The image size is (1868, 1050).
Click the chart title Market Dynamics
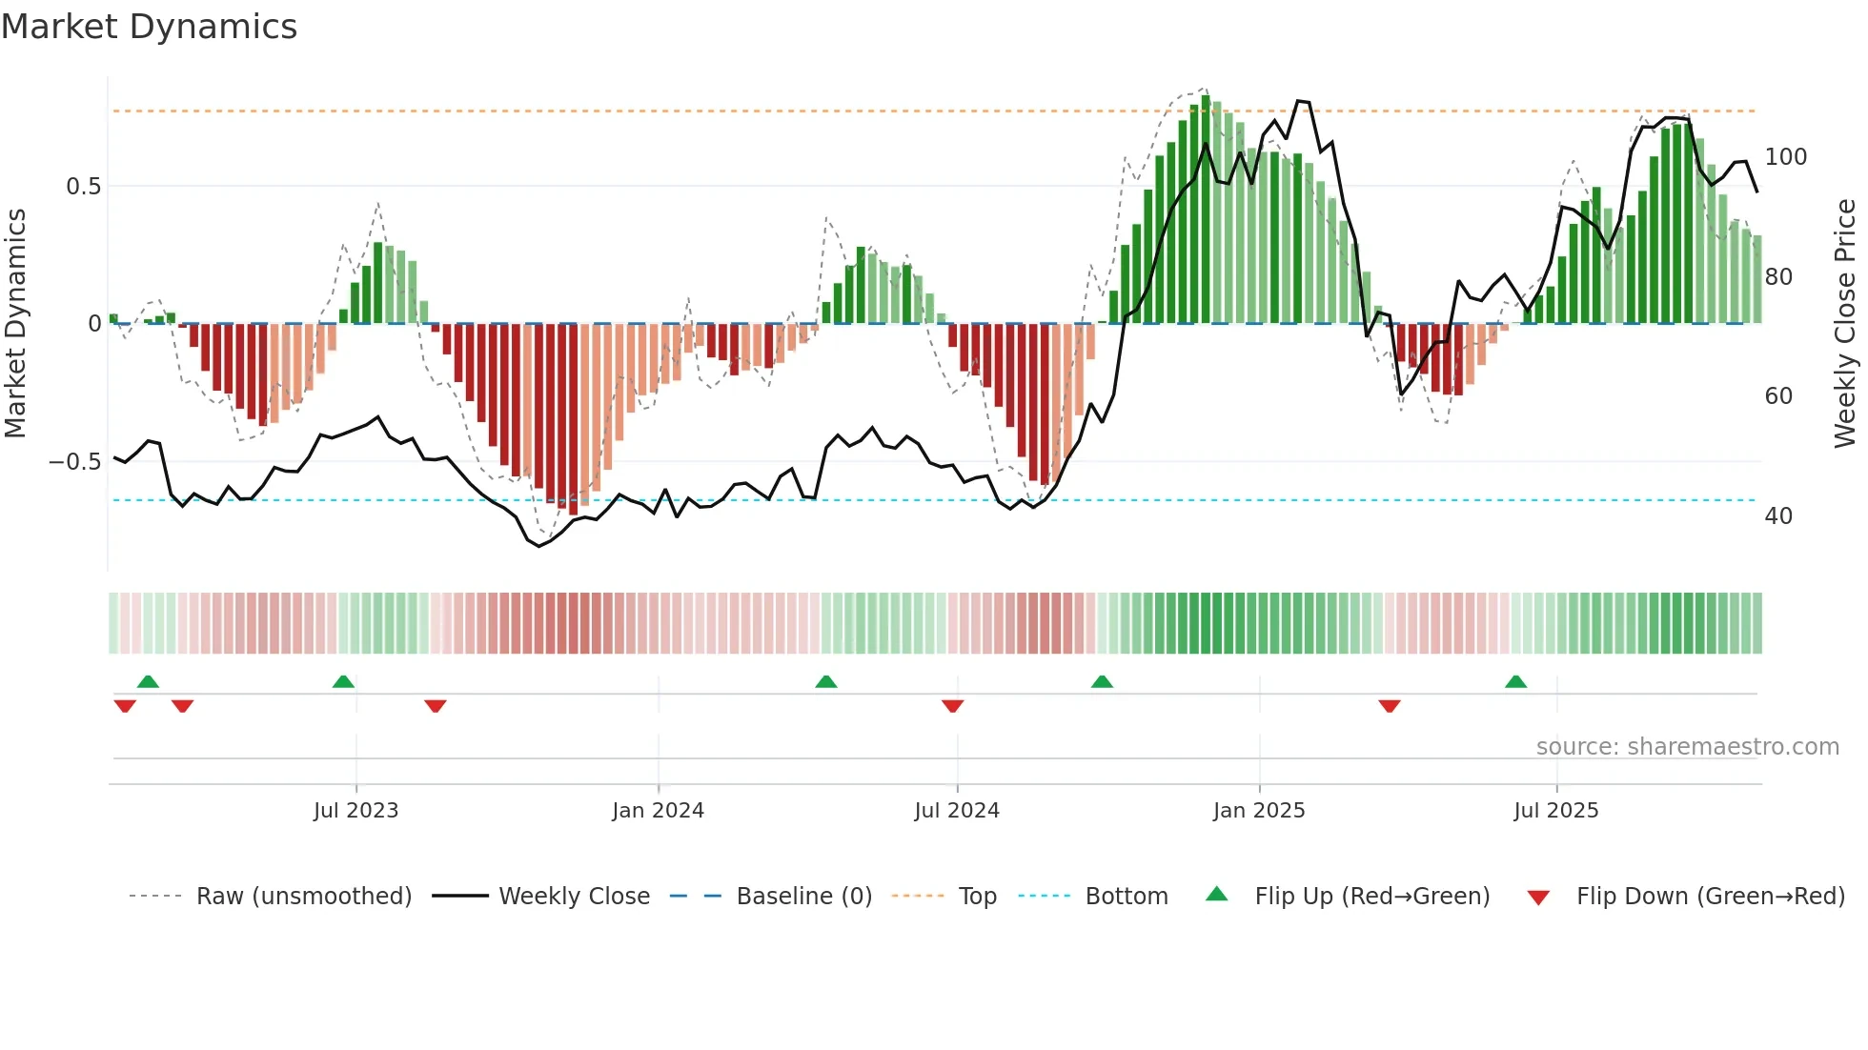click(149, 27)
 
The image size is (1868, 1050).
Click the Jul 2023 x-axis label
click(355, 811)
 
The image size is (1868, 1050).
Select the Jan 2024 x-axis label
click(658, 811)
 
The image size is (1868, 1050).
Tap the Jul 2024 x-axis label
click(957, 811)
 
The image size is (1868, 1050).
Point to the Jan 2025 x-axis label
click(1258, 811)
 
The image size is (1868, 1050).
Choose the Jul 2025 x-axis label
click(1555, 811)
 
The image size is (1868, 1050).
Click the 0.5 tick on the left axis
click(83, 187)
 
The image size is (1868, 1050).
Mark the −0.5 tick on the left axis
click(75, 462)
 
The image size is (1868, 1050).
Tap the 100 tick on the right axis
click(1785, 157)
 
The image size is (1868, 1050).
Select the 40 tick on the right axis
click(1778, 516)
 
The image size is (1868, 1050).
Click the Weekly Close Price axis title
click(1845, 324)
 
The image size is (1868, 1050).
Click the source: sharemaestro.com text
click(1687, 747)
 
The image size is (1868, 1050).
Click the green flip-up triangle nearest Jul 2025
click(1515, 681)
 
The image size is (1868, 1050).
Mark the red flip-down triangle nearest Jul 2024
click(952, 706)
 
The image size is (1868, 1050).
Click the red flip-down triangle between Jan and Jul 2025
click(1389, 706)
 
